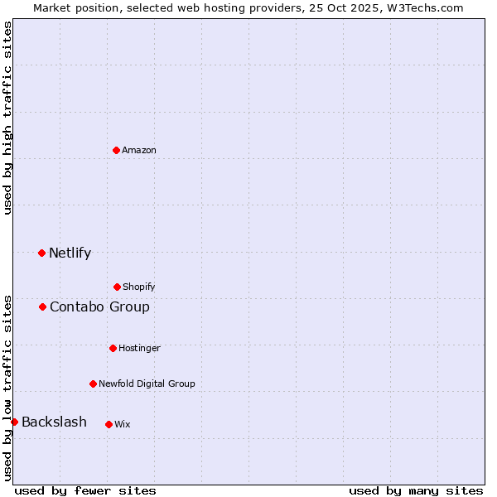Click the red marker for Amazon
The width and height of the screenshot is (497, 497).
click(116, 150)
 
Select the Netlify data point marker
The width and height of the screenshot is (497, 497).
click(41, 253)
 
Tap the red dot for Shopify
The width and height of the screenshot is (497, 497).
click(117, 287)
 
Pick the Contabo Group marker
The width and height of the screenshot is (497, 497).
click(42, 306)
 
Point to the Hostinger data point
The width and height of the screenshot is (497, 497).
click(113, 348)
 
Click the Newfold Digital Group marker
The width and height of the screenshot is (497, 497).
click(93, 384)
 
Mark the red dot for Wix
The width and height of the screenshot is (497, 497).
click(109, 424)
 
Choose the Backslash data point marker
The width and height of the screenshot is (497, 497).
click(14, 422)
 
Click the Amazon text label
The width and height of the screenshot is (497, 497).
click(139, 150)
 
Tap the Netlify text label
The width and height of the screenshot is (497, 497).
click(70, 253)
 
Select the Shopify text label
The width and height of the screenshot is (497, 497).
click(139, 287)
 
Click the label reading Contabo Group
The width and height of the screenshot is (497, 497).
click(99, 306)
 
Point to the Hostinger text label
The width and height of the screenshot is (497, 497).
click(139, 348)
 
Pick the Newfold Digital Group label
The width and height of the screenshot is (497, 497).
click(147, 384)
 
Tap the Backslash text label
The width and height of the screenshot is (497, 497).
click(54, 422)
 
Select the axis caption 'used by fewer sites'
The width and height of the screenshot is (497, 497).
click(85, 490)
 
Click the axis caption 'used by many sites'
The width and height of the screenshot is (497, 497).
click(416, 490)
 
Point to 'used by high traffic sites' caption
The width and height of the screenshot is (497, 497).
click(8, 118)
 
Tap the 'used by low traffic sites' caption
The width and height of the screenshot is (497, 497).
click(8, 387)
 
